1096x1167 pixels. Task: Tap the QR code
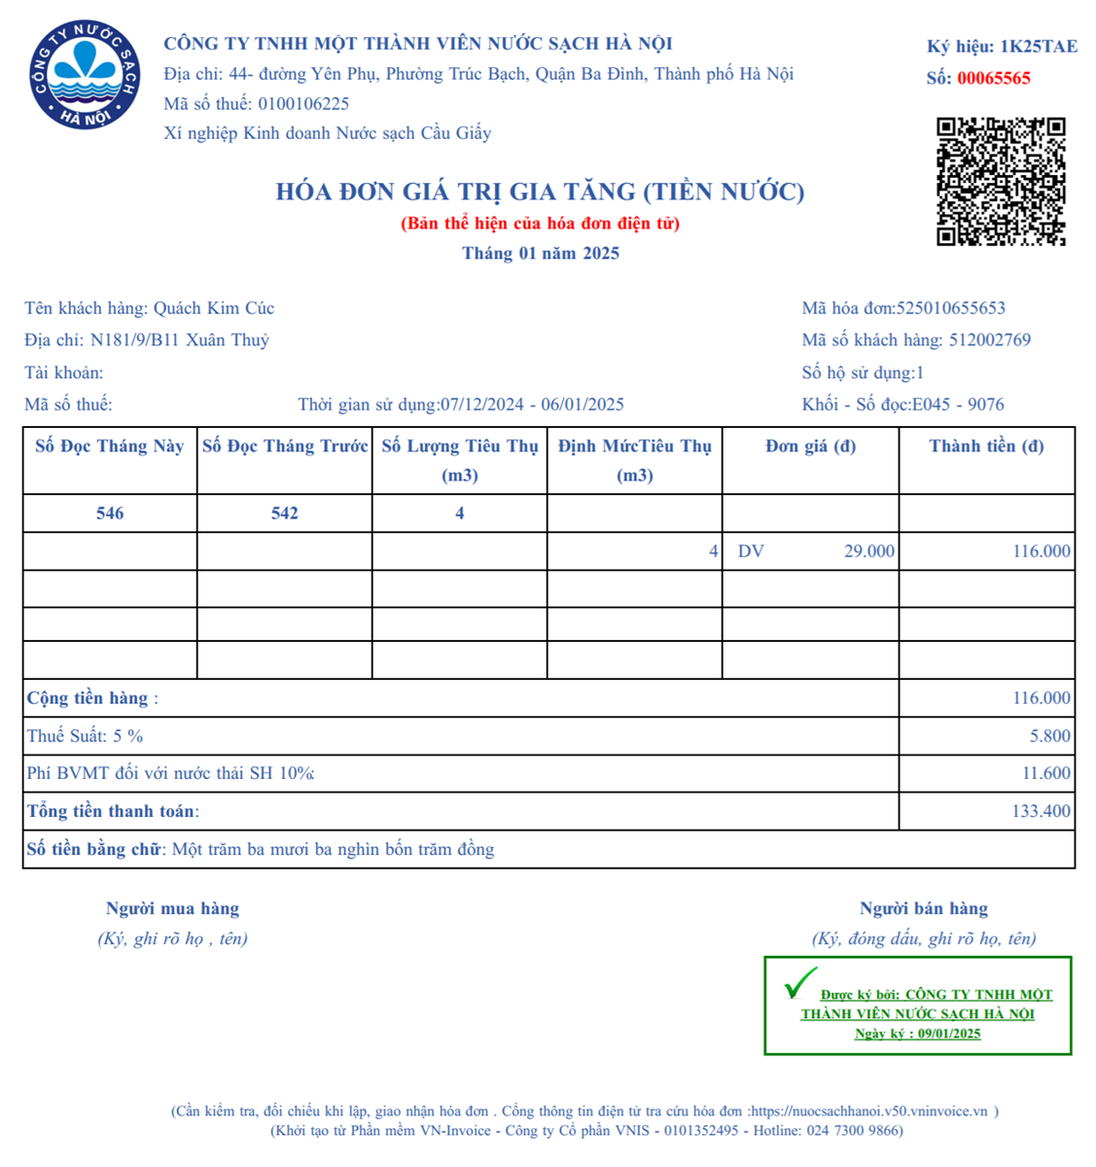point(1001,182)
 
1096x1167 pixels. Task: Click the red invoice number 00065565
point(993,79)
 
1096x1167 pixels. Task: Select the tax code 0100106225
point(303,104)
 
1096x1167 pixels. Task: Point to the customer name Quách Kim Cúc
point(214,308)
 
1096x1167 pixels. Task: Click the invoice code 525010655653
point(950,308)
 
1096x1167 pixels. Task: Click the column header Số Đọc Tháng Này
point(110,446)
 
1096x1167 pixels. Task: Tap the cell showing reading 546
point(110,513)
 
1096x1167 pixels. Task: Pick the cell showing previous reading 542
point(285,513)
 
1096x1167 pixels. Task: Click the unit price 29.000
point(868,551)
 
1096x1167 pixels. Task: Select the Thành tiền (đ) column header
point(986,446)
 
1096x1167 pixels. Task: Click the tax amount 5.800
point(1050,736)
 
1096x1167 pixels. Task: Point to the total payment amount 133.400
point(1041,811)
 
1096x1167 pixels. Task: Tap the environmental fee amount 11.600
point(1045,774)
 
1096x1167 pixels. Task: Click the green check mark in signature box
point(799,983)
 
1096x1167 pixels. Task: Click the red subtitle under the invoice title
point(540,224)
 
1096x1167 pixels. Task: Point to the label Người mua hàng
point(172,909)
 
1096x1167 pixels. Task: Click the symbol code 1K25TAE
point(1038,47)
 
